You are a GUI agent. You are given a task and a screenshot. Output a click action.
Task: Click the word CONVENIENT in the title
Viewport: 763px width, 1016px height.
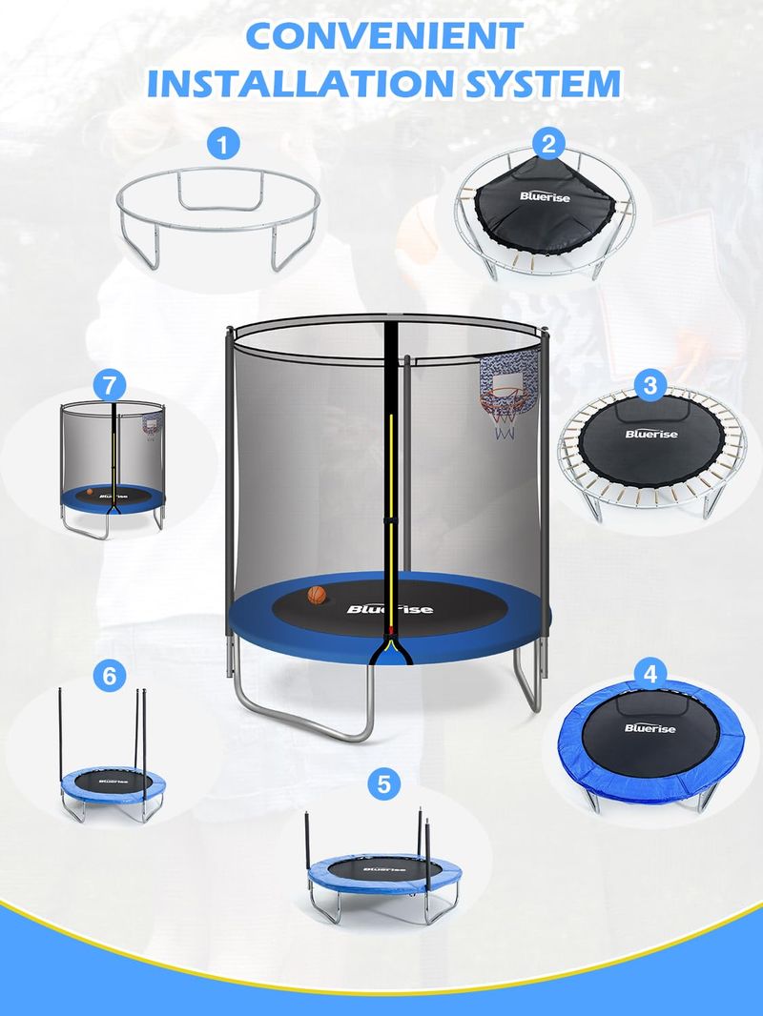pos(385,35)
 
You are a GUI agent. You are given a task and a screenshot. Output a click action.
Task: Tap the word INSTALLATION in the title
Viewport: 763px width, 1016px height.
pos(299,83)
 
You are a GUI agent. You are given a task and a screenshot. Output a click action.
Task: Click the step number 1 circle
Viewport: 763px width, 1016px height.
pos(223,144)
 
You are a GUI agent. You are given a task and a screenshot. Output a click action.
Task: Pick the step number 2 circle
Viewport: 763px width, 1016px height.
pos(549,144)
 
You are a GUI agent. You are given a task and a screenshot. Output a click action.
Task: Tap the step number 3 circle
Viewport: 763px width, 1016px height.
pos(650,386)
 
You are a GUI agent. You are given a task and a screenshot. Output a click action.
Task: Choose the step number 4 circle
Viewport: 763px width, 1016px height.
pos(650,675)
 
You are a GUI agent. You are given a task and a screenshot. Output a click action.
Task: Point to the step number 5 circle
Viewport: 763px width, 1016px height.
pos(383,784)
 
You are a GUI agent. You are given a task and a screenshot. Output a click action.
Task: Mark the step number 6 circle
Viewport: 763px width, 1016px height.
pos(109,676)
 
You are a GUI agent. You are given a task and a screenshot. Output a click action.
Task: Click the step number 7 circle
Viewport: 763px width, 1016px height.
pos(109,386)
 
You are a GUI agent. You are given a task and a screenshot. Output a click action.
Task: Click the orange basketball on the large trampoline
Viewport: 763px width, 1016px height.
pos(317,596)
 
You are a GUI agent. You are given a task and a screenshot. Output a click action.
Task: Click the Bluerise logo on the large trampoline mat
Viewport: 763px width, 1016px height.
pos(389,608)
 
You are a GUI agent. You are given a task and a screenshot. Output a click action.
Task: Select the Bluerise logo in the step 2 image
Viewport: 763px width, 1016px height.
pos(545,196)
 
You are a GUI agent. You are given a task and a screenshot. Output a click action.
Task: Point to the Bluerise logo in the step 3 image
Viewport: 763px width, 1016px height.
pos(650,434)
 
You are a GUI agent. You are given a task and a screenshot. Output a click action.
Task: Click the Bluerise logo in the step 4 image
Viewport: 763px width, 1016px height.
pos(650,728)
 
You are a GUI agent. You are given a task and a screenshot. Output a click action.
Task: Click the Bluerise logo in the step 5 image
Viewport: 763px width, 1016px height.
pos(384,869)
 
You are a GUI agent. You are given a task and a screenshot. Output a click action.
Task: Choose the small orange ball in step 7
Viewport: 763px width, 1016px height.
pos(90,492)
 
